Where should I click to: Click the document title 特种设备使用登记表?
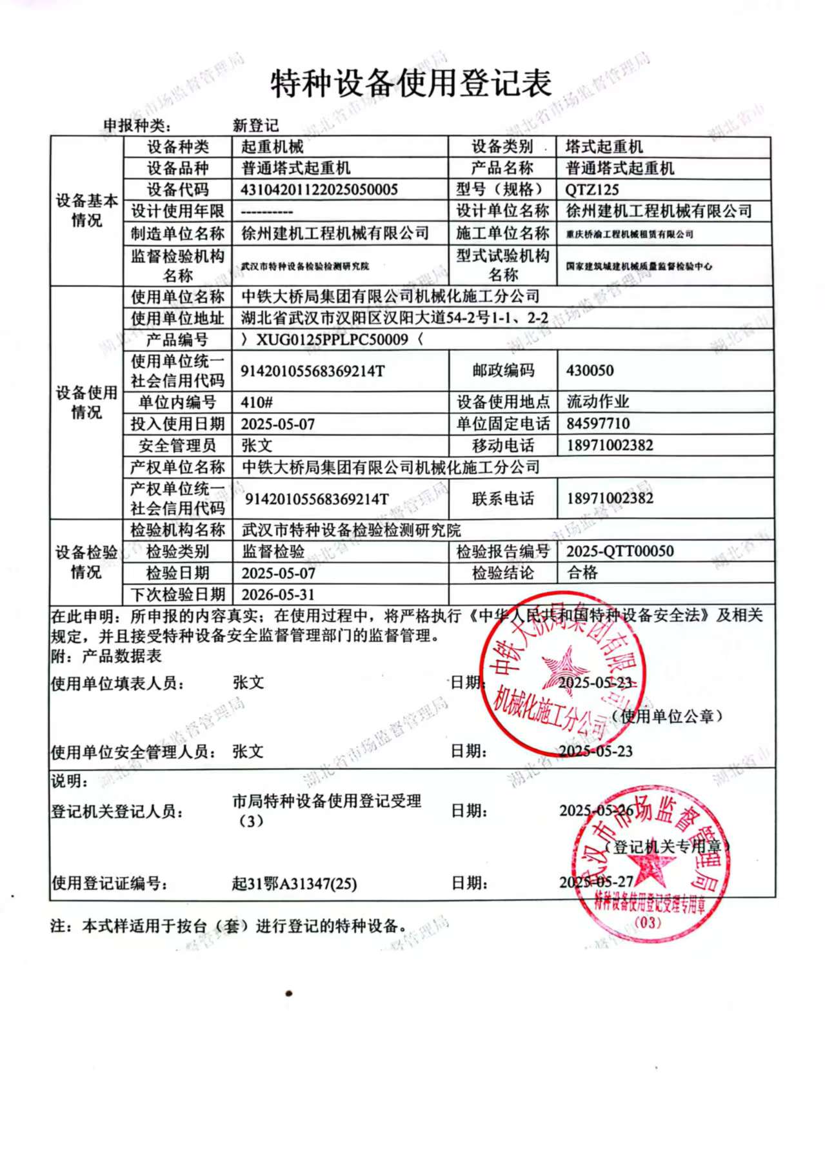[411, 84]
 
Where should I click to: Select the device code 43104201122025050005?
[319, 190]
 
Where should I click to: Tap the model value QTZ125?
[591, 190]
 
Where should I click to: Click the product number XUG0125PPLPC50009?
[332, 339]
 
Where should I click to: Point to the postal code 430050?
[590, 371]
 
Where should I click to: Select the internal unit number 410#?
[257, 402]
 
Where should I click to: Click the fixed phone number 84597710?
[598, 424]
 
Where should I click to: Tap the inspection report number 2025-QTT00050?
[619, 551]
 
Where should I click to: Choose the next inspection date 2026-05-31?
[278, 594]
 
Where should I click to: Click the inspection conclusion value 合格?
[582, 573]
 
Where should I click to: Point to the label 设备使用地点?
[503, 402]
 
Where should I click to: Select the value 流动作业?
[597, 402]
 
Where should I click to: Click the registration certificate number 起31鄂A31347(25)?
[294, 883]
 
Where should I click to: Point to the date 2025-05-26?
[596, 811]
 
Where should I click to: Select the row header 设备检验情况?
[86, 562]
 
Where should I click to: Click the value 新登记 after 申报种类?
[255, 125]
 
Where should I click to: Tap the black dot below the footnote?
[288, 993]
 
